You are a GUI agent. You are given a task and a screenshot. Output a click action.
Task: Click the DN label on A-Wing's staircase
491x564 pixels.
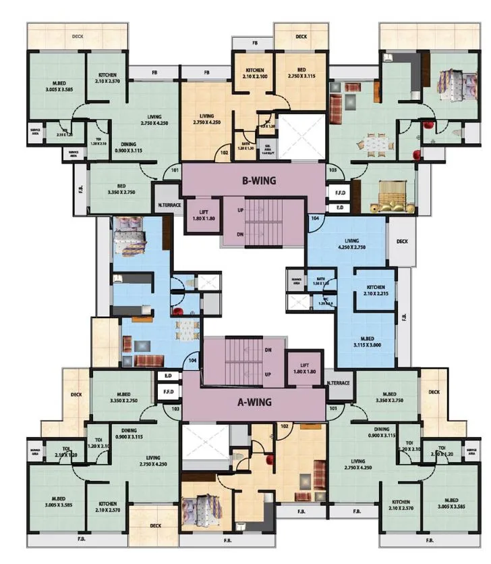coord(268,350)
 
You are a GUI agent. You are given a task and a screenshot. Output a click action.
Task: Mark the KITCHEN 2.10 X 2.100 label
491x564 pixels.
coord(254,74)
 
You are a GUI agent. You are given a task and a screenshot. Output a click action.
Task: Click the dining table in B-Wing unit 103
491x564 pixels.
coord(374,143)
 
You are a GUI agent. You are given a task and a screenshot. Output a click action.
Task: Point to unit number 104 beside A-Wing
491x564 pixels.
coord(194,361)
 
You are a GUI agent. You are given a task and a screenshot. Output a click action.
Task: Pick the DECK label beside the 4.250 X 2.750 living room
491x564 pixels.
coord(403,241)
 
